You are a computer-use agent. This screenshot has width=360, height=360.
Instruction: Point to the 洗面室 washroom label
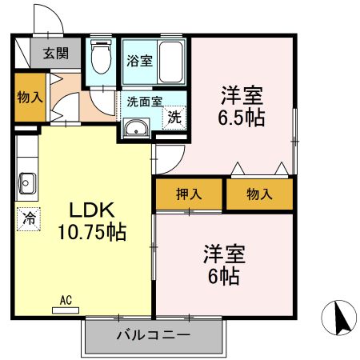click(x=145, y=102)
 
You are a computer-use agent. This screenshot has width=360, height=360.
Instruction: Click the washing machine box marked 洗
click(x=174, y=115)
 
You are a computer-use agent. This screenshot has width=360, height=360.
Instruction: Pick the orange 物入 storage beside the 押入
click(x=259, y=194)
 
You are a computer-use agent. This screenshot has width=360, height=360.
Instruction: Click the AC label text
click(x=66, y=300)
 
